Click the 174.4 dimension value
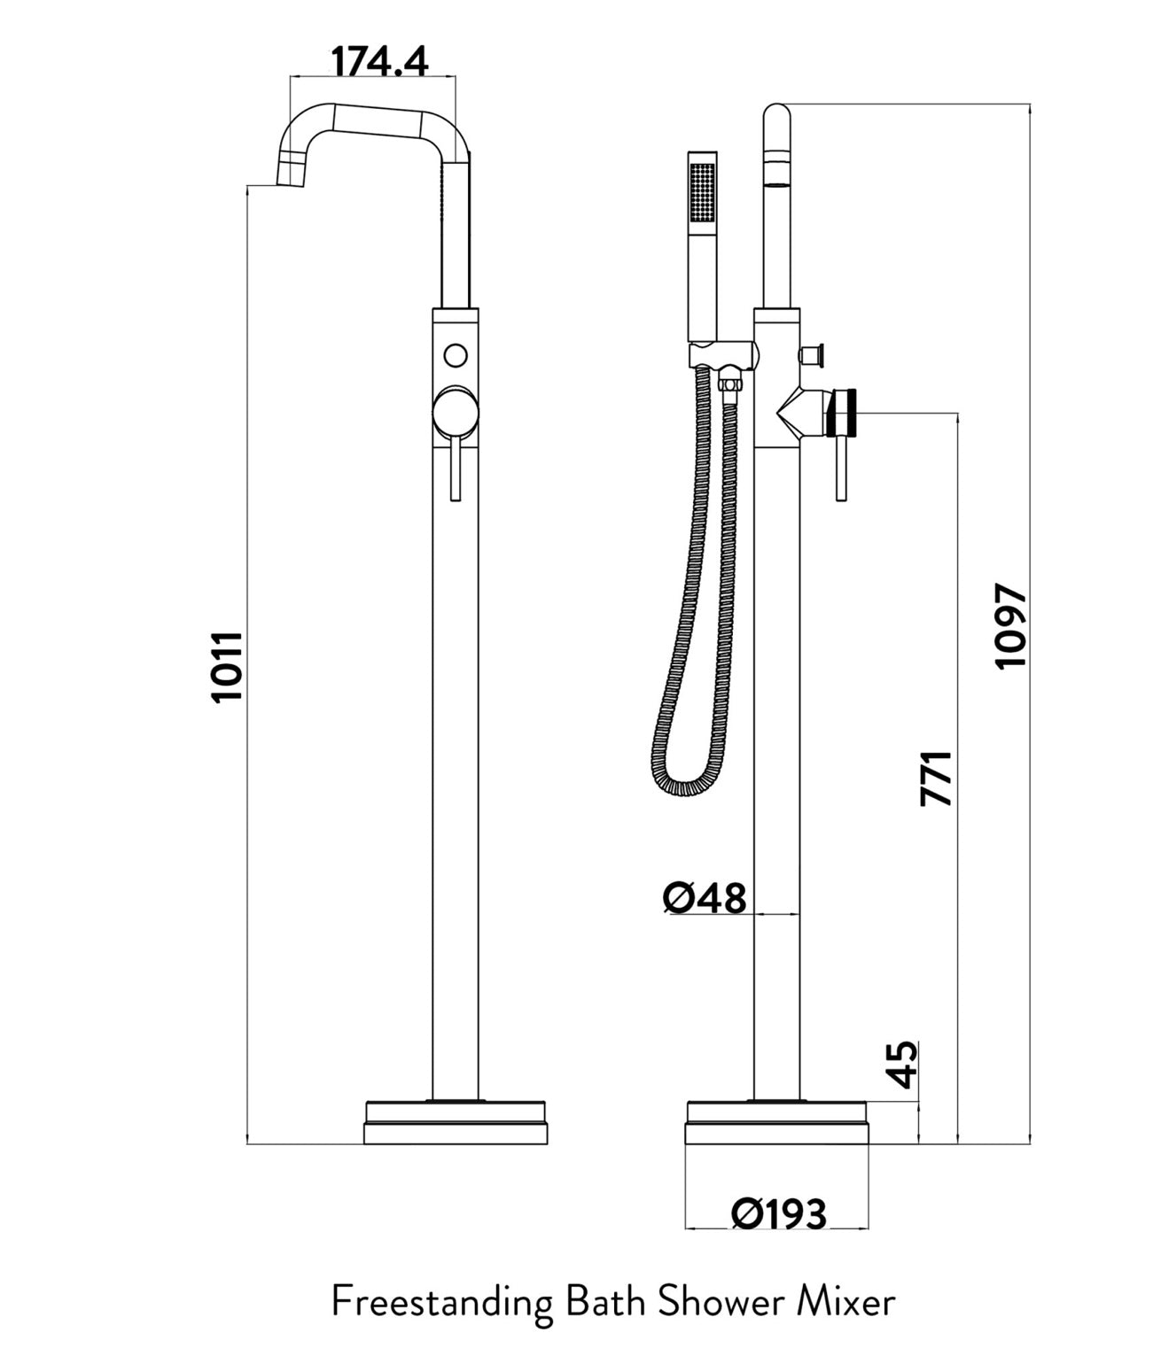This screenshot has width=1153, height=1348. tap(380, 62)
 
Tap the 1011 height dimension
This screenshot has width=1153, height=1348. tap(228, 666)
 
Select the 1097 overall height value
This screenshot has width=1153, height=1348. tap(1011, 626)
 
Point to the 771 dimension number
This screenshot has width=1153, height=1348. tap(937, 779)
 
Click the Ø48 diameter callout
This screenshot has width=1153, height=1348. tap(704, 899)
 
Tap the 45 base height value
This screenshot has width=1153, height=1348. tap(904, 1065)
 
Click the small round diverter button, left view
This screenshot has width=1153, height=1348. tap(456, 356)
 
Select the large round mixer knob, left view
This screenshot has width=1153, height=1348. tap(456, 411)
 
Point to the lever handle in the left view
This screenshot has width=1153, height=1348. tap(456, 468)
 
